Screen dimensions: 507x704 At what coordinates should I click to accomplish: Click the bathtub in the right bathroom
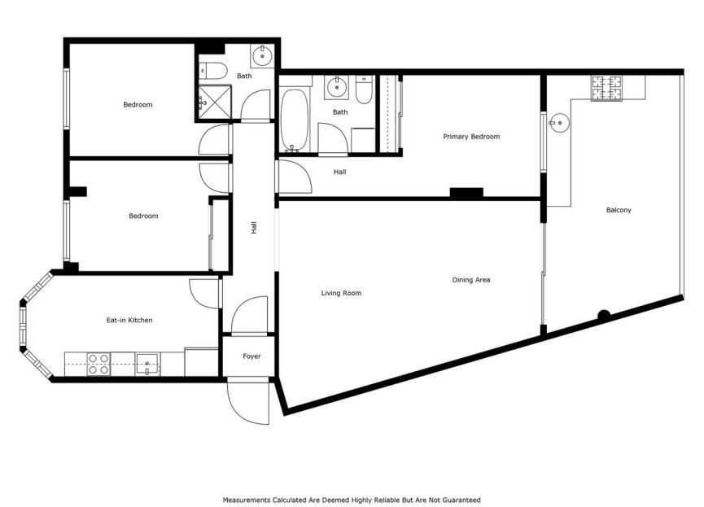tap(294, 120)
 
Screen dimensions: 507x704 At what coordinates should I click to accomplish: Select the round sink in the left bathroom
tap(262, 56)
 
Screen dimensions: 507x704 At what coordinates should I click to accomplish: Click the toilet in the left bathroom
tap(211, 68)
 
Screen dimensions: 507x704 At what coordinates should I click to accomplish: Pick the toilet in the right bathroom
tap(364, 90)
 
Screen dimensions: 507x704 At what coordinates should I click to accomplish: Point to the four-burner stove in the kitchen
tap(98, 364)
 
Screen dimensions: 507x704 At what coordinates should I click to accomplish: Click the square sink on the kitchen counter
tap(147, 363)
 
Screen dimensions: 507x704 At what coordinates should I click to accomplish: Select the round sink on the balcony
tap(558, 123)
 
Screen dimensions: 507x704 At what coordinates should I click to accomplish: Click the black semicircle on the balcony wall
tap(604, 315)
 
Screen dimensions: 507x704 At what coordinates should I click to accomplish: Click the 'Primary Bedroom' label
tap(471, 137)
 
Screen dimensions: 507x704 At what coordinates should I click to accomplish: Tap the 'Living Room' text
tap(341, 293)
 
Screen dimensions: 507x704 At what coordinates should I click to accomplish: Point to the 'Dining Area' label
tap(471, 280)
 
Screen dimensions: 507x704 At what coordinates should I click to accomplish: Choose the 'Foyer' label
tap(251, 356)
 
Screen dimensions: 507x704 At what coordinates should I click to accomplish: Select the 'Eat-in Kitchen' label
tap(129, 321)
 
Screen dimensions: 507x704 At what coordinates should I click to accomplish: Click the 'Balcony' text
tap(619, 210)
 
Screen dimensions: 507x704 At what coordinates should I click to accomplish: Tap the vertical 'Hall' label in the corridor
tap(254, 229)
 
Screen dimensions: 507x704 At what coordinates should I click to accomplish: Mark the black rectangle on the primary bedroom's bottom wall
tap(466, 193)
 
